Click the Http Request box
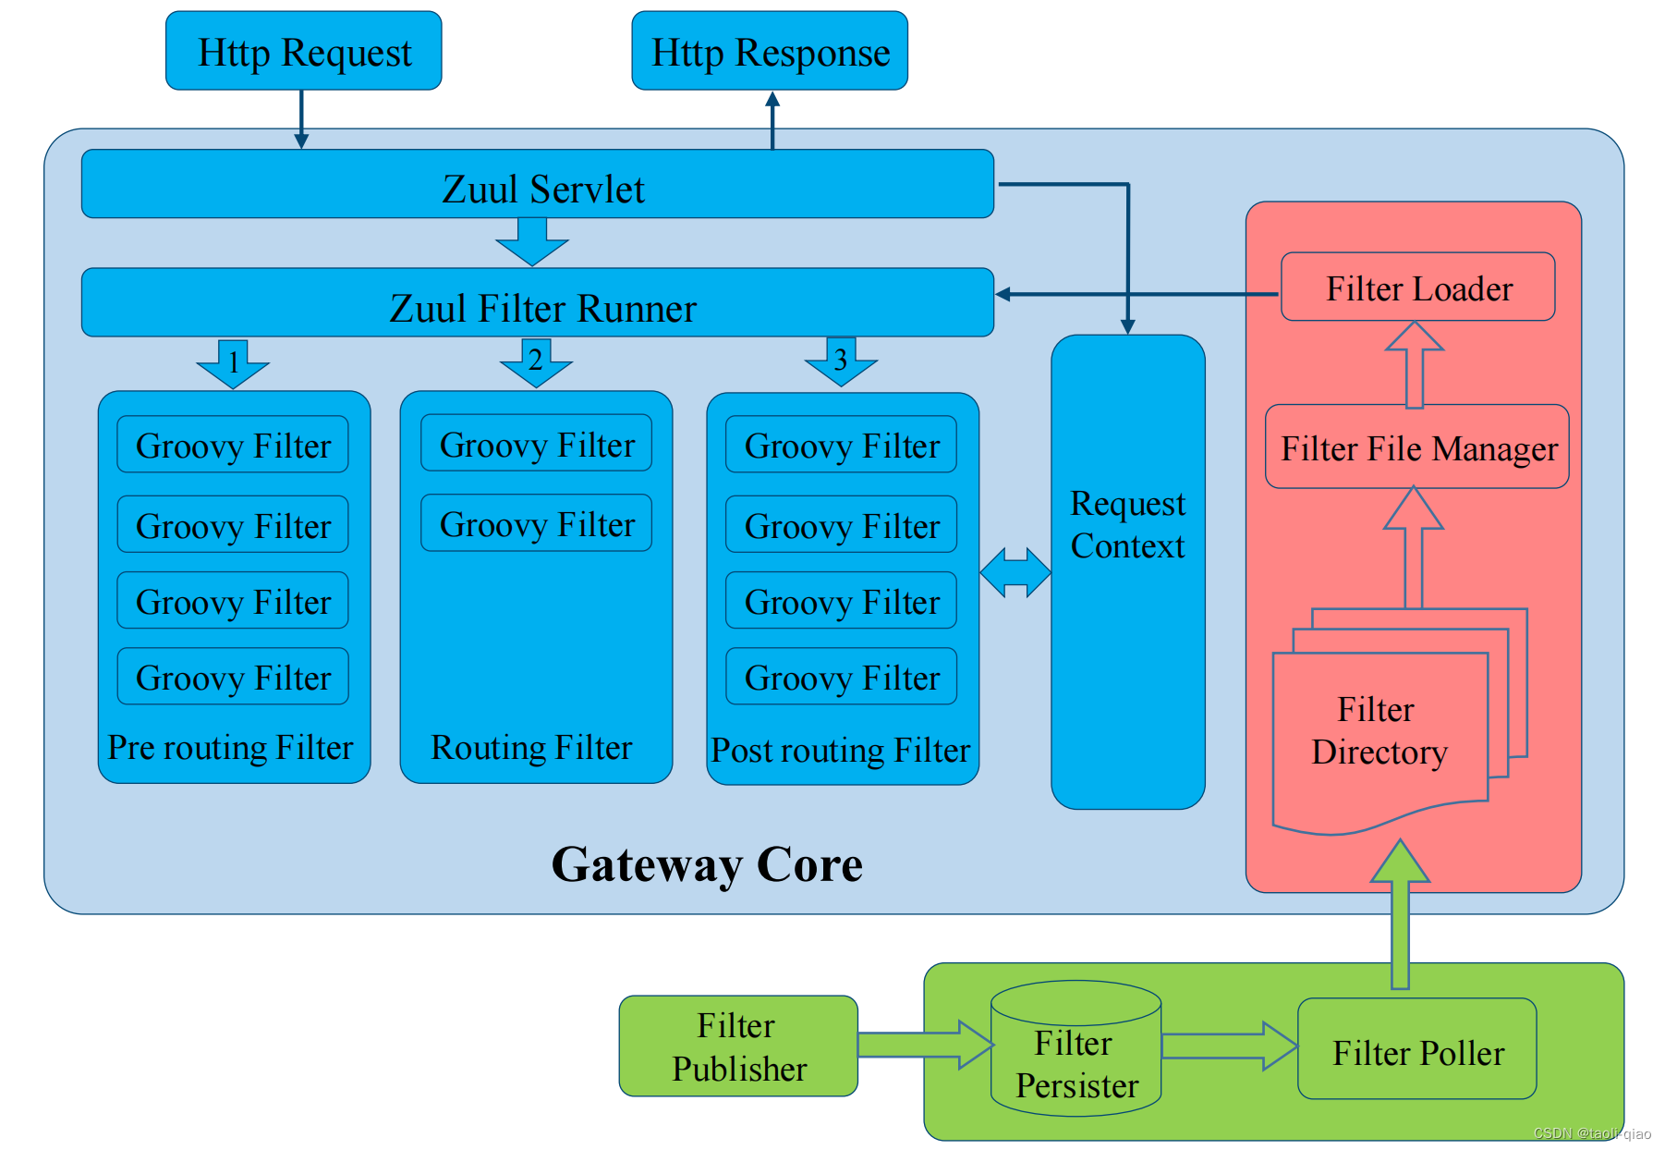click(x=303, y=51)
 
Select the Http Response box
click(x=770, y=51)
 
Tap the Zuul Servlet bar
click(x=538, y=184)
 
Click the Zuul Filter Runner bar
click(x=538, y=302)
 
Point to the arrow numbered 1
click(x=233, y=363)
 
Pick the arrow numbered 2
click(x=536, y=362)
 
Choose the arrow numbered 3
click(x=841, y=361)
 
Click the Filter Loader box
click(x=1417, y=287)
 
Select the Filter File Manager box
click(x=1417, y=447)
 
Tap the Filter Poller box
click(x=1417, y=1048)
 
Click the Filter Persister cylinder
click(x=1076, y=1048)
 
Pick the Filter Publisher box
click(x=738, y=1046)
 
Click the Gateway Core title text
click(x=707, y=865)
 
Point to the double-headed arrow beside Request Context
click(x=1015, y=573)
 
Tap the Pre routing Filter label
click(x=230, y=747)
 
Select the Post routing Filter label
click(x=841, y=750)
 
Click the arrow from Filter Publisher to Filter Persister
click(x=926, y=1045)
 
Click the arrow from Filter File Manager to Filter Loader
click(x=1415, y=365)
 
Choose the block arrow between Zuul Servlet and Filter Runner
click(x=532, y=242)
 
